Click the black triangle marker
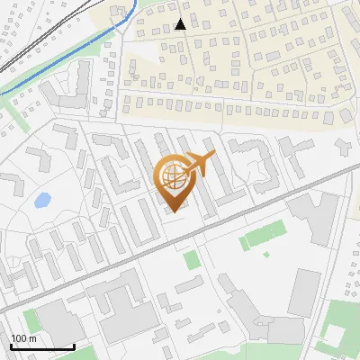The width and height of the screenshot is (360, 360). pos(181,24)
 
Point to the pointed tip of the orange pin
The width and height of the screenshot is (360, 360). pos(175,211)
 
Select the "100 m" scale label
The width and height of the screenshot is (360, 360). pos(23,338)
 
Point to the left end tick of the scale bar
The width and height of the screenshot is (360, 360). pos(10,345)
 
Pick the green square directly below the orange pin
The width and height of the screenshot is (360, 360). pos(190,260)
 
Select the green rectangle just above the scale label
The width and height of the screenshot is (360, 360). pos(31,320)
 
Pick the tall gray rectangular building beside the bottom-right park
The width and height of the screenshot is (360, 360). pos(303,293)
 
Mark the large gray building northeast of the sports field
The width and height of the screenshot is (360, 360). pos(314,217)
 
